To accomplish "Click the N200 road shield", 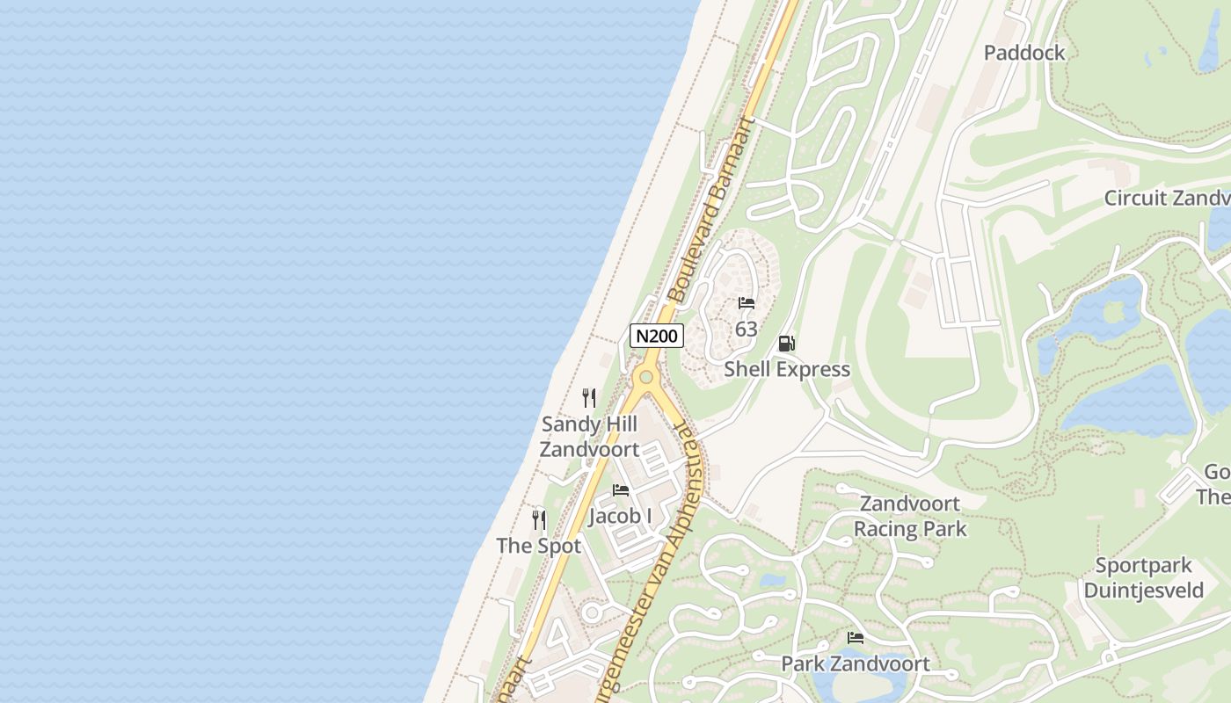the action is (x=657, y=336).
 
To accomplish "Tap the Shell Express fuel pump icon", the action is (x=787, y=344).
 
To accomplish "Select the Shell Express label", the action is (x=787, y=369).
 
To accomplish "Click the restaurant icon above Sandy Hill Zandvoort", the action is (x=589, y=398).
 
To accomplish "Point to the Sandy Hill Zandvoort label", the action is (x=589, y=437).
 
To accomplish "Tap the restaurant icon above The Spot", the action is (x=539, y=520).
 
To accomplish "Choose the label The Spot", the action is (x=539, y=546).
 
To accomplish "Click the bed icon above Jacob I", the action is (x=621, y=490).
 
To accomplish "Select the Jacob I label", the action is (x=620, y=516).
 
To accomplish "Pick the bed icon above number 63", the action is (x=747, y=303).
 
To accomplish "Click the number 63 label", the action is (x=747, y=329).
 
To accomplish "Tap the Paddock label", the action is (x=1024, y=53).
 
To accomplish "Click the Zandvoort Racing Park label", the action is (x=910, y=517).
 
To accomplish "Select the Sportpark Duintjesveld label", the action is (x=1143, y=577).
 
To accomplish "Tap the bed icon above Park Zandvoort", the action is (x=856, y=638).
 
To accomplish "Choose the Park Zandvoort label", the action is (x=856, y=663).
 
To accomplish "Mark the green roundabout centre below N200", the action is (x=647, y=377).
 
